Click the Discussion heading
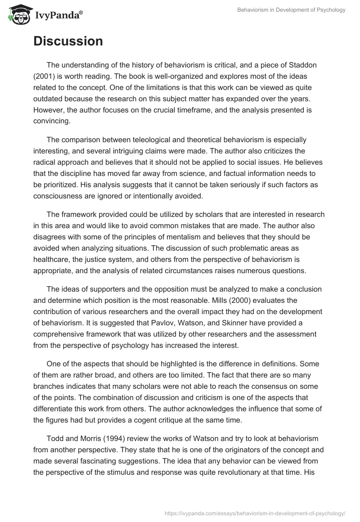68,41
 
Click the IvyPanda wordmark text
58,15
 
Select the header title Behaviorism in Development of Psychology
292,10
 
